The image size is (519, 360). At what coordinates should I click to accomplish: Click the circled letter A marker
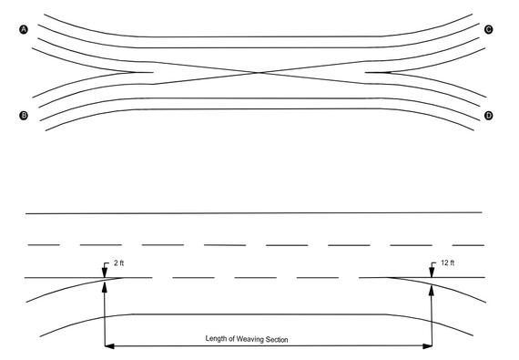click(24, 30)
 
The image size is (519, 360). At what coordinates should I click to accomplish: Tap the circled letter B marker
click(24, 115)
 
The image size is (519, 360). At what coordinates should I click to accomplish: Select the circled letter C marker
click(489, 30)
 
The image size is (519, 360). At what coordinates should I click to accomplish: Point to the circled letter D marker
click(489, 115)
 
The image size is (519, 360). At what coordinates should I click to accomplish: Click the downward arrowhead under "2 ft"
click(107, 273)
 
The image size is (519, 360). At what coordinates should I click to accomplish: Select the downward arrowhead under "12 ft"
click(432, 273)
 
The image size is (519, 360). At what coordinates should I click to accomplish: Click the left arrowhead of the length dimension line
click(110, 345)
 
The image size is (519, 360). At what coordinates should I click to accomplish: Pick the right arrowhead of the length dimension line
click(428, 345)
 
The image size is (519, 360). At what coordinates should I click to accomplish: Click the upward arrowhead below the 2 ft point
click(107, 283)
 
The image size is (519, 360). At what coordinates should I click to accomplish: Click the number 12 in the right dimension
click(440, 263)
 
